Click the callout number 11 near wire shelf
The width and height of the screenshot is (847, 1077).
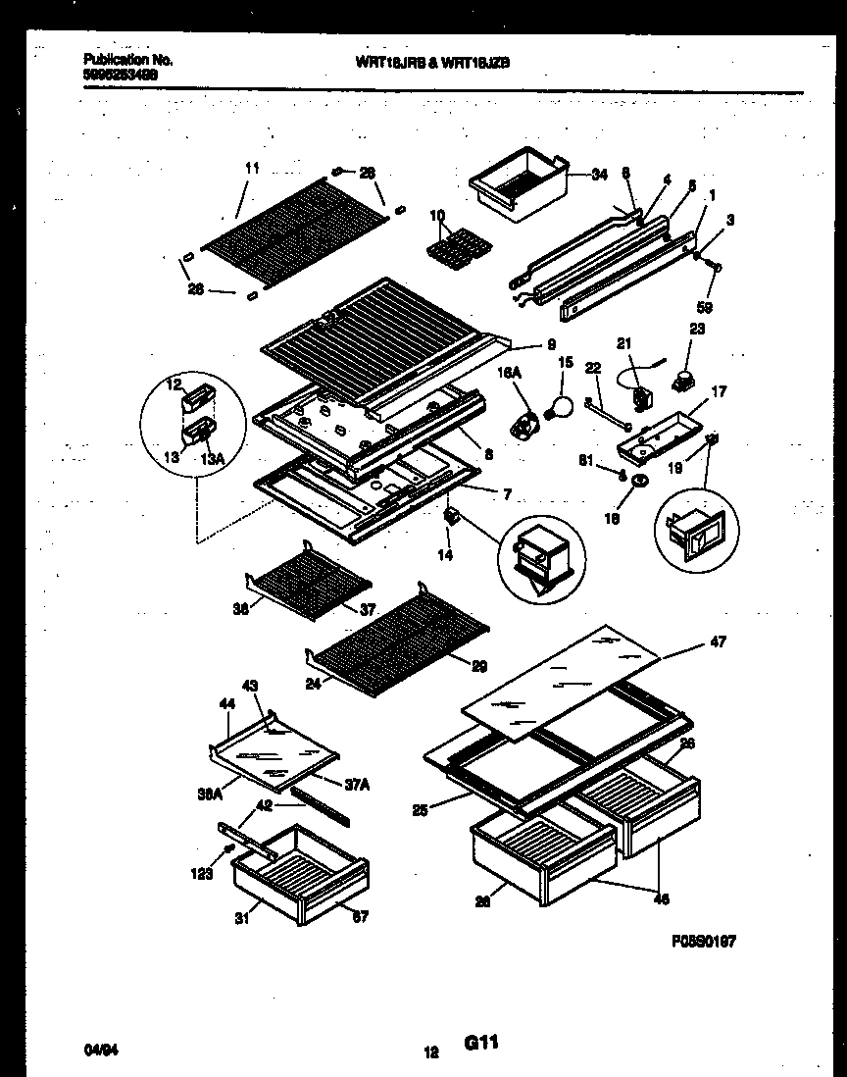[252, 169]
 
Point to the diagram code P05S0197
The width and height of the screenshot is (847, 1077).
[704, 941]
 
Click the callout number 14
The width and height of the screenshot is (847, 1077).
[446, 555]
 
